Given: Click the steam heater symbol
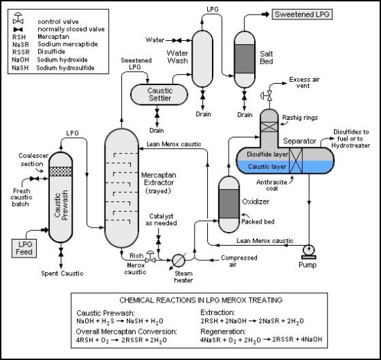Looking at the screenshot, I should click(x=179, y=259).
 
